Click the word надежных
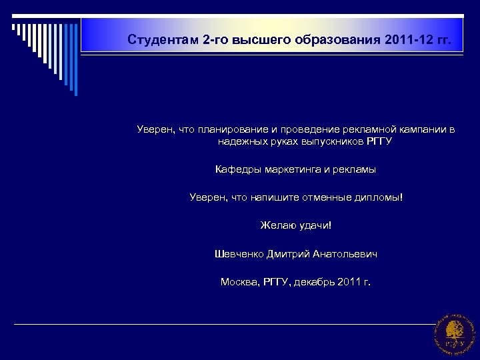(239, 141)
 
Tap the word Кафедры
(235, 170)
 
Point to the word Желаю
(275, 226)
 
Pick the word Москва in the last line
(237, 282)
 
